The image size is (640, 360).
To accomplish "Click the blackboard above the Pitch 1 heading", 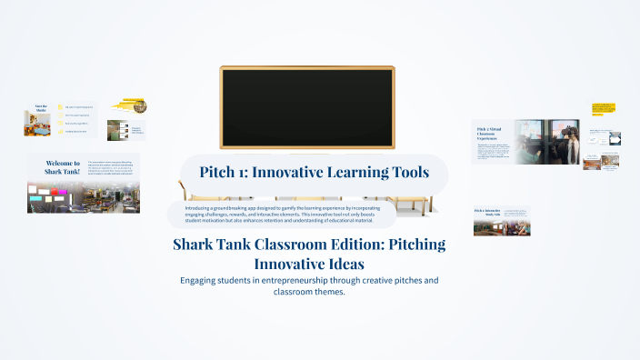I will [x=306, y=107].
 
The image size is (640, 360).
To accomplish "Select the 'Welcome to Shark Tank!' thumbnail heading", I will [x=63, y=167].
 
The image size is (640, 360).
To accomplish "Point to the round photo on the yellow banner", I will [x=140, y=106].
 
